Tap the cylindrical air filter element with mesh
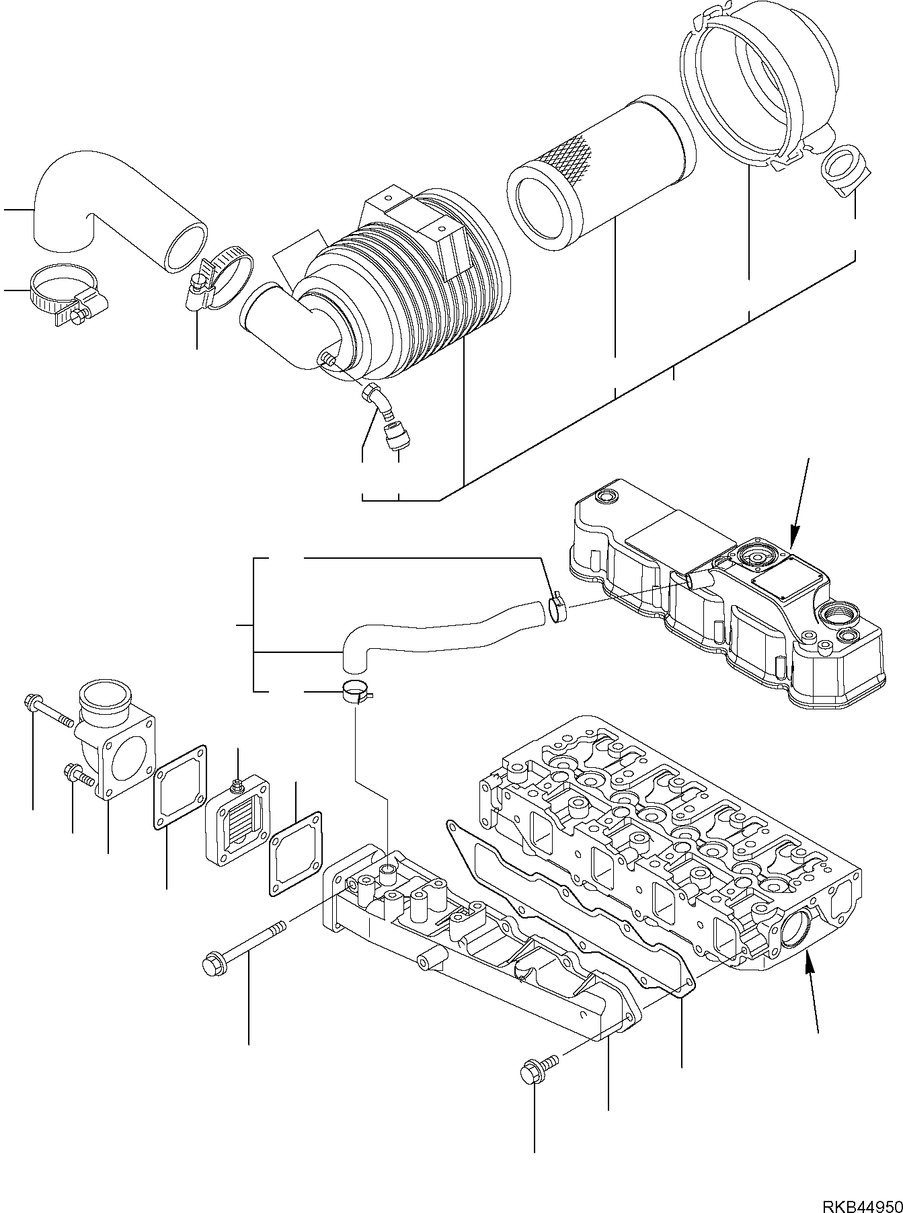coord(598,182)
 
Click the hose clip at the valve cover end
coord(557,609)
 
